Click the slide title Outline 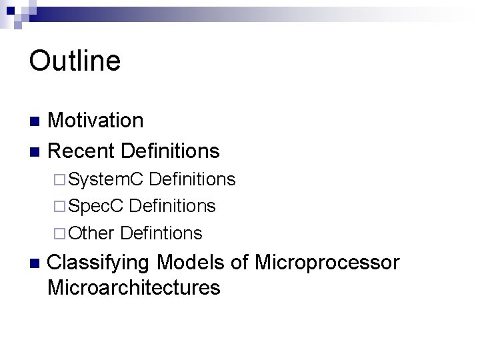pyautogui.click(x=75, y=61)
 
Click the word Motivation pyautogui.click(x=95, y=121)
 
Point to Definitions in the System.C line pyautogui.click(x=192, y=179)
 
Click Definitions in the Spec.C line pyautogui.click(x=172, y=206)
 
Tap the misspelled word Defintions pyautogui.click(x=162, y=233)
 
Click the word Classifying pyautogui.click(x=100, y=263)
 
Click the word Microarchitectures pyautogui.click(x=134, y=288)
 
